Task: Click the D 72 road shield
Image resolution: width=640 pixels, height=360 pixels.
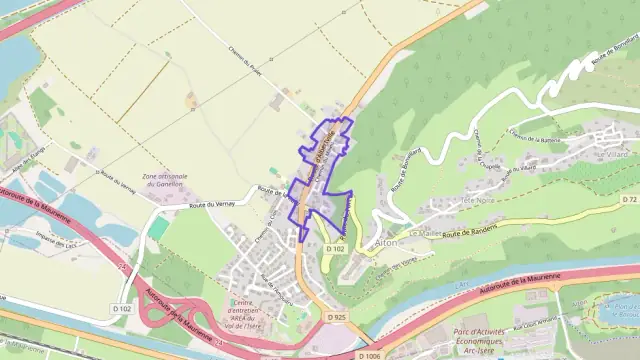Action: pyautogui.click(x=629, y=200)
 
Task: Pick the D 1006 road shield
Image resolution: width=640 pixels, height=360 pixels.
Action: pyautogui.click(x=370, y=354)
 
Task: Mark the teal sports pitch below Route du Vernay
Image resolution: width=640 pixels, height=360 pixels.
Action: pyautogui.click(x=158, y=229)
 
